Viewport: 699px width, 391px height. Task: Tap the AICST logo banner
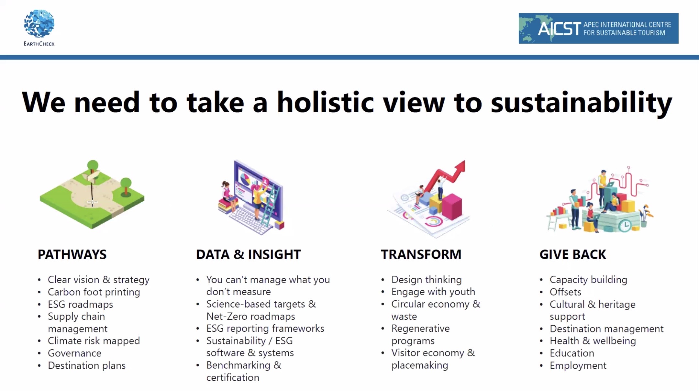click(x=598, y=28)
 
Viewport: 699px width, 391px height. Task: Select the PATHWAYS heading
click(x=72, y=254)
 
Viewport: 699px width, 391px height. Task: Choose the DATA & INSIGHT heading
click(x=249, y=254)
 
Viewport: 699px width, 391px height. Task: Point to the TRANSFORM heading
click(x=421, y=254)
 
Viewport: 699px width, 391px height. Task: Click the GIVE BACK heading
click(x=573, y=254)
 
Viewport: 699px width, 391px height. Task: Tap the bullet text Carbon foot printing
click(x=94, y=292)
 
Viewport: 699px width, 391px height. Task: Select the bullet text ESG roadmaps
click(x=81, y=305)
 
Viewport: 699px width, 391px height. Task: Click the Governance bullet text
click(x=75, y=353)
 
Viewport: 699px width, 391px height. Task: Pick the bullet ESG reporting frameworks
click(x=265, y=329)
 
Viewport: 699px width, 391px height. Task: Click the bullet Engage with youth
click(x=433, y=292)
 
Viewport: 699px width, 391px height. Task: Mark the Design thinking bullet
click(x=427, y=280)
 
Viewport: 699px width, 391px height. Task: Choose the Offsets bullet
click(x=566, y=292)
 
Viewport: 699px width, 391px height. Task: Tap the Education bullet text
click(x=572, y=353)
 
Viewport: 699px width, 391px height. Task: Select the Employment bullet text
click(x=578, y=365)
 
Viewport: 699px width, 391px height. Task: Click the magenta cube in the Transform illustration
click(x=452, y=206)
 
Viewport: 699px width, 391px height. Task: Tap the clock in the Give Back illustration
click(x=625, y=225)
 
